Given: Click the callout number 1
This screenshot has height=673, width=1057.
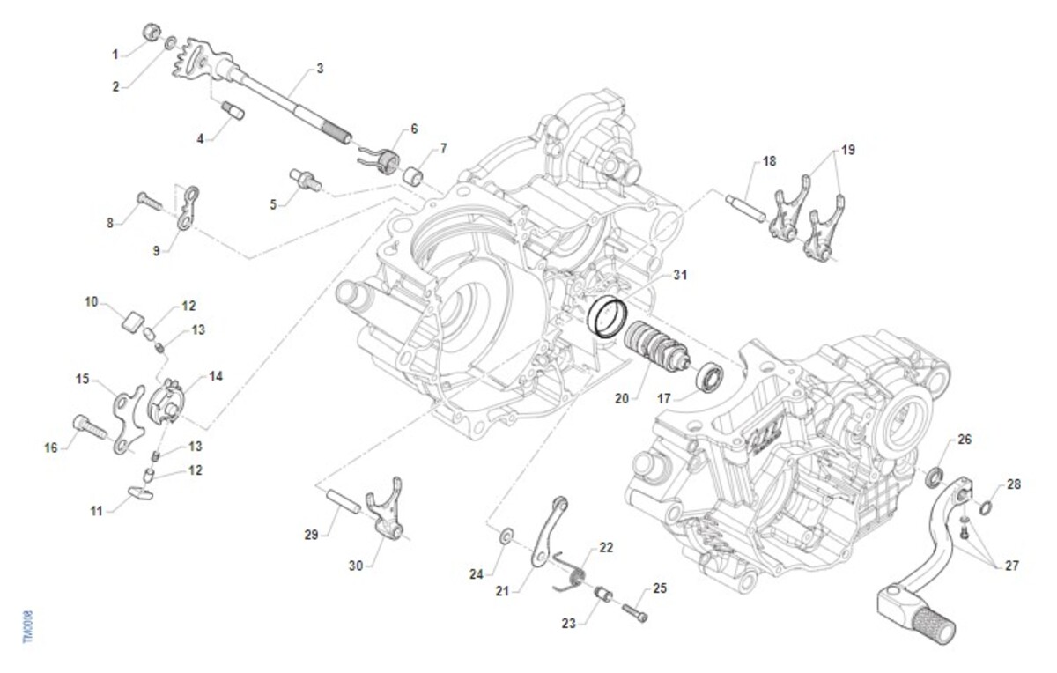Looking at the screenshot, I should coord(115,55).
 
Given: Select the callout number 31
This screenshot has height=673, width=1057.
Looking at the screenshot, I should coord(679,275).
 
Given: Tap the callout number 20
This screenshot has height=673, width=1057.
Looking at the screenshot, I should coord(622,398).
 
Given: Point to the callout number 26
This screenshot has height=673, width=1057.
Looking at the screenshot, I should coord(965,439).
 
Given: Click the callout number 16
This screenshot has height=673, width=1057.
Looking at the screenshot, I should coord(50,447).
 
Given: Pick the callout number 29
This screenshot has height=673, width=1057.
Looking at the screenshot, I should coord(310,533).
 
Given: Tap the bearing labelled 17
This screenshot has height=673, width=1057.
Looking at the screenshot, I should coord(709,377).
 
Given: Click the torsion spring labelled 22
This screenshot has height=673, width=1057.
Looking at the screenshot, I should coord(569,573).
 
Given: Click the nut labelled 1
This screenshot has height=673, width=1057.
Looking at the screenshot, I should coord(152,33).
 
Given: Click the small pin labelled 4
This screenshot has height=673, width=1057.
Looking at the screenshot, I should coord(233,111).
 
